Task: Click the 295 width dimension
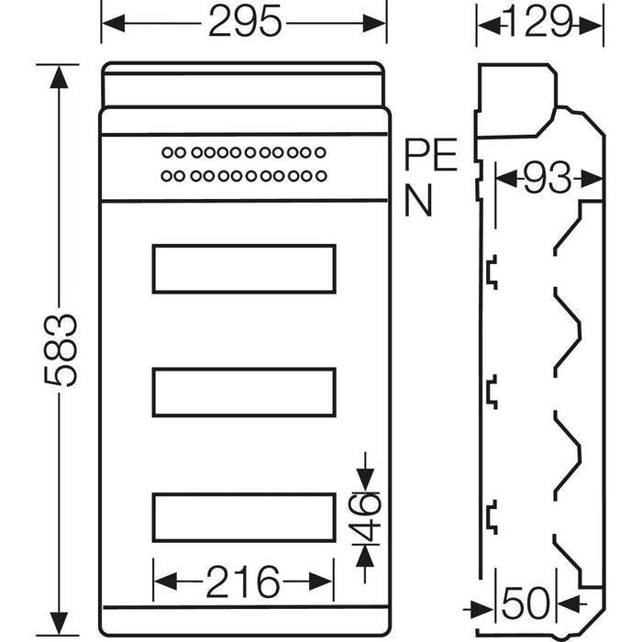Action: click(244, 23)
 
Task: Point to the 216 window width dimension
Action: click(243, 581)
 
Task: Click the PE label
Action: click(430, 158)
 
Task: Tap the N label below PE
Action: click(417, 202)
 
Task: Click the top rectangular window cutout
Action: click(243, 269)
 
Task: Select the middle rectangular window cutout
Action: click(243, 392)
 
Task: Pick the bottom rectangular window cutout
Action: click(243, 516)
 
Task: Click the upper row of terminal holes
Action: click(243, 152)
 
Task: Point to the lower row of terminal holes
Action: click(243, 174)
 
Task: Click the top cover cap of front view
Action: click(243, 84)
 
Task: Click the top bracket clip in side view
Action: click(491, 272)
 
